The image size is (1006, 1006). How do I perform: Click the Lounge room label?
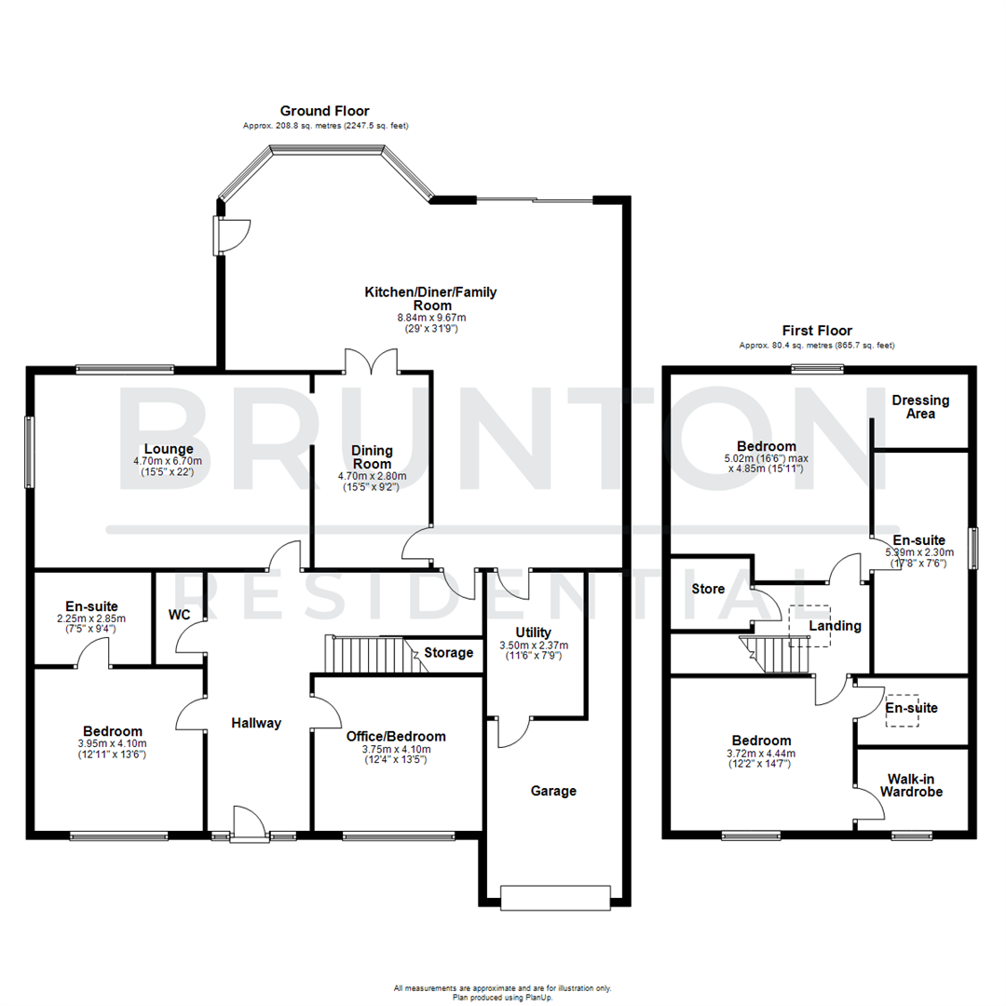(x=169, y=448)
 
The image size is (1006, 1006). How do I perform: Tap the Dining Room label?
(x=372, y=456)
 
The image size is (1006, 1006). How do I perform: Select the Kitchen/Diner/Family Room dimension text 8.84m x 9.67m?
(x=429, y=318)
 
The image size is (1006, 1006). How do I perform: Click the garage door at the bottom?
(x=556, y=897)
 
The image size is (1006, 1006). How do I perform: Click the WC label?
(x=179, y=615)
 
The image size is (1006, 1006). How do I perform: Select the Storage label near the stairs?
(x=448, y=652)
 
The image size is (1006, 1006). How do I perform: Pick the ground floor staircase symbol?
(x=371, y=654)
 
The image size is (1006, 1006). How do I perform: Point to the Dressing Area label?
(x=920, y=406)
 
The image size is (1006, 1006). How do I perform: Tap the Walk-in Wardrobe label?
(x=914, y=784)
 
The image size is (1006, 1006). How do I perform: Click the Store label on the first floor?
(x=708, y=589)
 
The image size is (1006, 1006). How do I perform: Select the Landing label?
(x=835, y=626)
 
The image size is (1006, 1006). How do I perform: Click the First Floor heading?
(x=816, y=331)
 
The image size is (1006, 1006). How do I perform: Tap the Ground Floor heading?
(x=325, y=111)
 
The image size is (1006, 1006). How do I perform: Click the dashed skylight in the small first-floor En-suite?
(x=902, y=710)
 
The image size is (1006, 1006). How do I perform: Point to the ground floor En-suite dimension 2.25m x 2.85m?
(x=91, y=619)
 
